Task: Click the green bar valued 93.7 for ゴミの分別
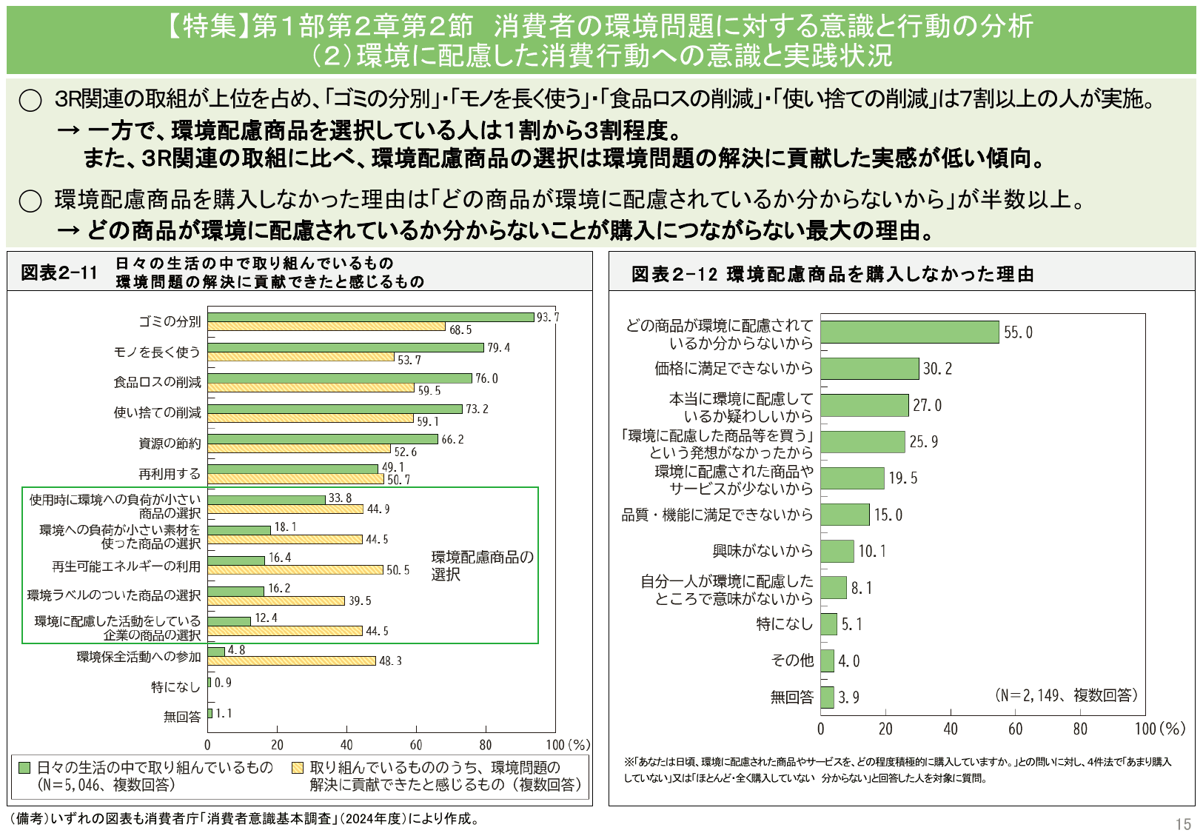click(370, 317)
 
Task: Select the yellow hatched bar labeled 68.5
click(326, 327)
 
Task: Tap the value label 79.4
click(498, 347)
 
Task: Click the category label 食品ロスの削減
click(157, 382)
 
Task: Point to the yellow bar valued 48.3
click(292, 660)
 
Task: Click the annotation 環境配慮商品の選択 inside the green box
click(482, 565)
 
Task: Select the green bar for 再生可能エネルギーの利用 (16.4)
click(236, 561)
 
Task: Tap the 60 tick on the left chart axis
click(416, 745)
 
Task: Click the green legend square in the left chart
click(24, 768)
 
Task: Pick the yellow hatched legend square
click(298, 768)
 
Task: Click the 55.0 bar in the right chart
click(910, 332)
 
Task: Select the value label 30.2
click(937, 369)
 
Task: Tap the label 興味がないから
click(763, 551)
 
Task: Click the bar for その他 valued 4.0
click(827, 660)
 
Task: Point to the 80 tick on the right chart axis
click(1080, 729)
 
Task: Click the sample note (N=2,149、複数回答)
click(1065, 695)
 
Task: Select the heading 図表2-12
click(674, 275)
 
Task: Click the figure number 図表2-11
click(59, 272)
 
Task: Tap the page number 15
click(1182, 824)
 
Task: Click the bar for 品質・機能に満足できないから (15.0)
click(845, 515)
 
